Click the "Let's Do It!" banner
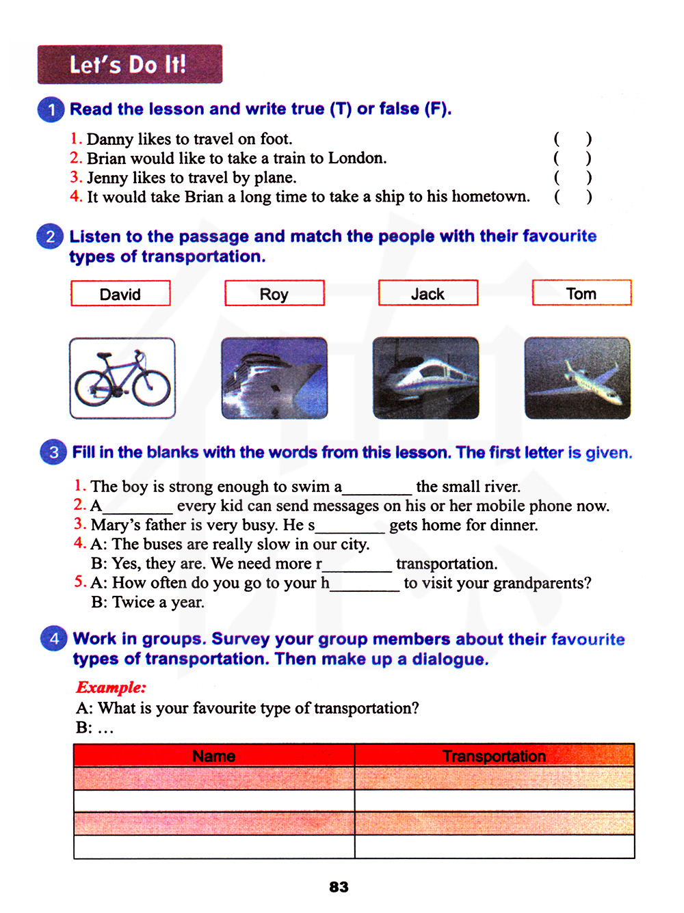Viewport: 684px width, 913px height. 129,64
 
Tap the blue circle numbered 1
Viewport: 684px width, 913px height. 51,110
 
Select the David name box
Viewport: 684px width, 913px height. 120,294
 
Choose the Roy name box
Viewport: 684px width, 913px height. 274,294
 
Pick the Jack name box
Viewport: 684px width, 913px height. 428,293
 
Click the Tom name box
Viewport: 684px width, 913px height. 581,293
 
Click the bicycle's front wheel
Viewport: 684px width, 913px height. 151,387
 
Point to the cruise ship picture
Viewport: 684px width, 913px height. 274,378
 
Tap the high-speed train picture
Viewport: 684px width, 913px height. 425,378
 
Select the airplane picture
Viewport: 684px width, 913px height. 577,378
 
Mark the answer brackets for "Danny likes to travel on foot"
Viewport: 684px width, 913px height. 573,139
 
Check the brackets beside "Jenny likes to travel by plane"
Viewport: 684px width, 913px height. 573,178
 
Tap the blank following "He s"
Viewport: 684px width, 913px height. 350,526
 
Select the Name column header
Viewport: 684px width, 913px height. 214,756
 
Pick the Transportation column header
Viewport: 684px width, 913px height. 494,756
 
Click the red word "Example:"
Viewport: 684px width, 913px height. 111,687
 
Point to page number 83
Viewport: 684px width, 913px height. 339,887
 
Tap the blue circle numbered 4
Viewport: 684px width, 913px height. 54,639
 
